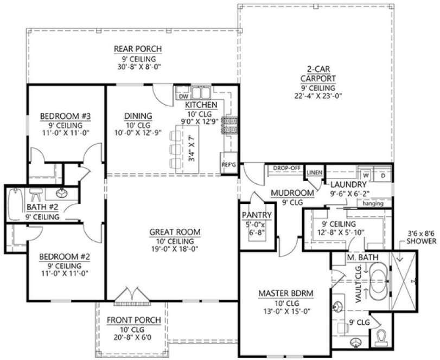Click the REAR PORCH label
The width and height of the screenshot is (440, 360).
137,49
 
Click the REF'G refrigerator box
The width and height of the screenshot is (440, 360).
228,163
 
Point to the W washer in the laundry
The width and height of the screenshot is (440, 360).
366,176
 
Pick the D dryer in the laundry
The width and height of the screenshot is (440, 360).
382,176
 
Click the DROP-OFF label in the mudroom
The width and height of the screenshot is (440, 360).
287,168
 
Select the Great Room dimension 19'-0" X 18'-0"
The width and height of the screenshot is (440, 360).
175,250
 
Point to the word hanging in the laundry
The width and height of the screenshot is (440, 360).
373,204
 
